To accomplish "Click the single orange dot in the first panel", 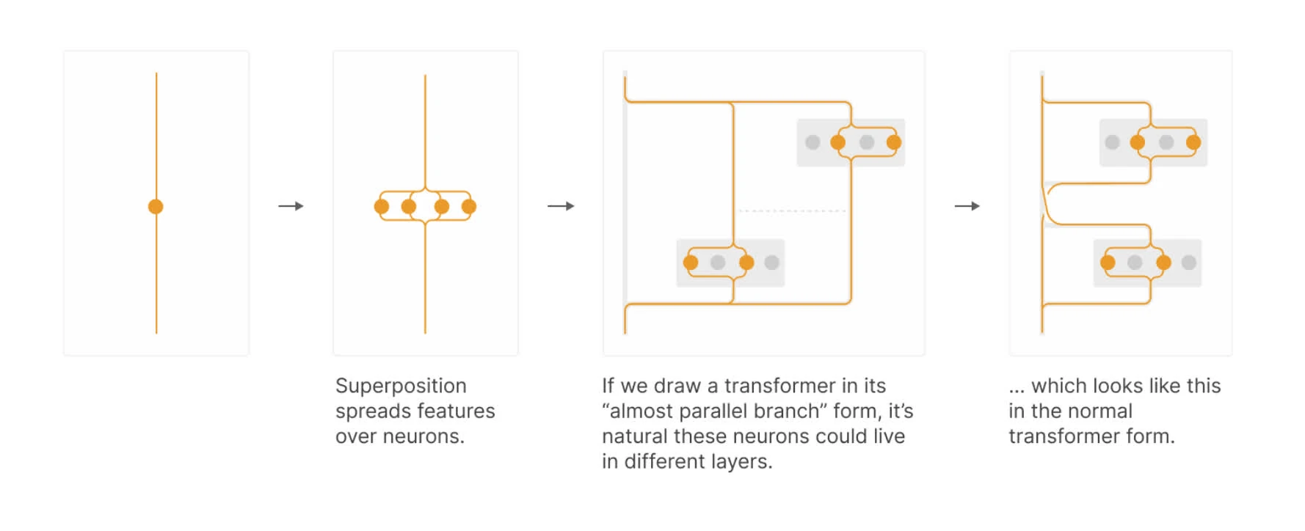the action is pos(156,207).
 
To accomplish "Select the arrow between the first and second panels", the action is pos(291,206).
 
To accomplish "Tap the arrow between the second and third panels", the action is pos(561,206).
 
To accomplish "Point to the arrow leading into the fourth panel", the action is pos(967,206).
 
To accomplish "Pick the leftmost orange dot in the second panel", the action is pos(382,207).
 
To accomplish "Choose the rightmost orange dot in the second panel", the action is pos(469,207).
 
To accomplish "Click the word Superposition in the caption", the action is pos(401,387).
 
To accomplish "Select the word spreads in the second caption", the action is pos(371,411).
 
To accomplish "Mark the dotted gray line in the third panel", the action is pos(792,211).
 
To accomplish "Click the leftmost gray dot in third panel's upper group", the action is pos(813,142).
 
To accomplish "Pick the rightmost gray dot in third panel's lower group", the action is pos(771,263).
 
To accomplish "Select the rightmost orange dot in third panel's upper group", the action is pos(893,142).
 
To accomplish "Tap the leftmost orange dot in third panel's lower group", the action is pos(691,263).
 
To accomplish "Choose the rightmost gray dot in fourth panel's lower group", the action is pos(1189,263).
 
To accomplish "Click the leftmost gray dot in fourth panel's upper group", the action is pos(1112,142).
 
